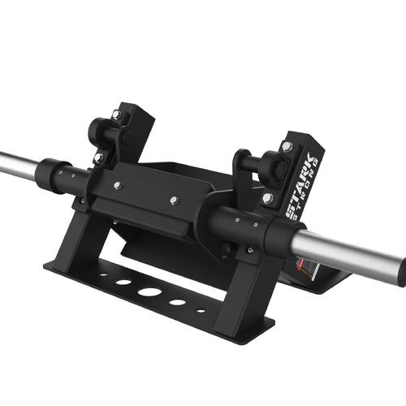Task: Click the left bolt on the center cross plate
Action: tap(119, 187)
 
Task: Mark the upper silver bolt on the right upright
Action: tap(287, 147)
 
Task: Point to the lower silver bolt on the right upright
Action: tap(267, 198)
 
